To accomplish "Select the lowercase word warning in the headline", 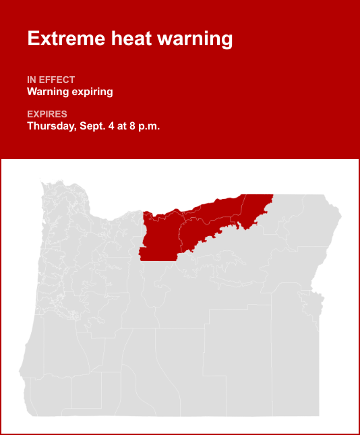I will [195, 38].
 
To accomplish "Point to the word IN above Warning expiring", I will [32, 80].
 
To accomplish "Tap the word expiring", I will [93, 92].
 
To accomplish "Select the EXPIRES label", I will [47, 114].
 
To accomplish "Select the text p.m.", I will [152, 126].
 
